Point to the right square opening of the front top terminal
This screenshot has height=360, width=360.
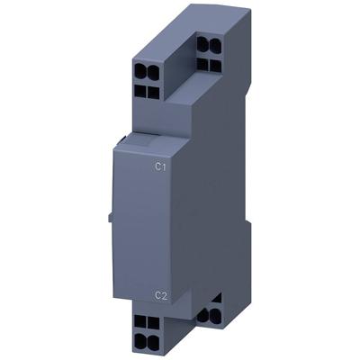(152, 92)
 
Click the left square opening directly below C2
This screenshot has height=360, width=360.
(140, 319)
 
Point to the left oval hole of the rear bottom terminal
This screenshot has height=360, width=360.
(202, 316)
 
